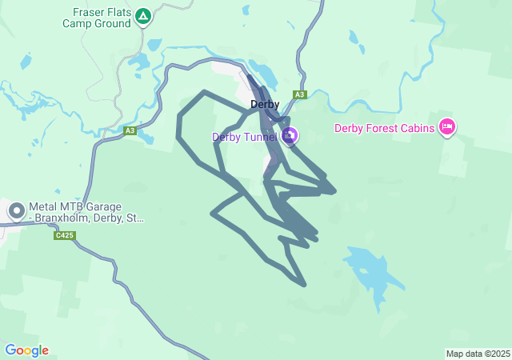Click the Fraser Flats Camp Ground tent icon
(143, 15)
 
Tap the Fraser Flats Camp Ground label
(96, 18)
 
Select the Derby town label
(264, 104)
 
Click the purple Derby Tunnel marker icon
(290, 135)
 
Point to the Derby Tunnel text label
(244, 137)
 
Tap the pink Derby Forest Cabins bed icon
(447, 126)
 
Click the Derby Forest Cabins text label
(384, 127)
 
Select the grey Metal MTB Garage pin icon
(16, 210)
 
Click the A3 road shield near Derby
(299, 94)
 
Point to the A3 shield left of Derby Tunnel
(130, 130)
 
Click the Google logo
(26, 350)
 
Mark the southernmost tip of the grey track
(304, 284)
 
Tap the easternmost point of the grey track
(334, 190)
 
